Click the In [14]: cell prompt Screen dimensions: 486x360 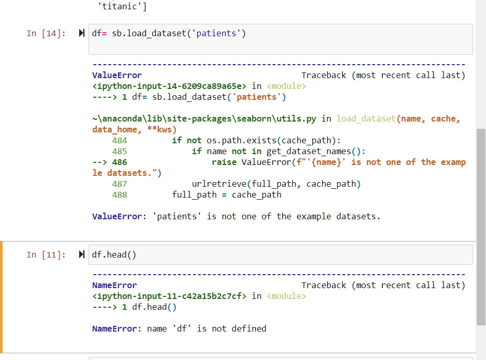click(x=46, y=33)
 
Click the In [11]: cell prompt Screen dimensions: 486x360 click(x=46, y=254)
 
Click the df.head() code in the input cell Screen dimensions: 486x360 click(x=114, y=254)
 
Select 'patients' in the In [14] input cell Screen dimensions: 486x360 click(x=216, y=33)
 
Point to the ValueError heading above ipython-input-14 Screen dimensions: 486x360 click(x=117, y=76)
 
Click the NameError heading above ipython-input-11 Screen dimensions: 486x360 click(x=114, y=286)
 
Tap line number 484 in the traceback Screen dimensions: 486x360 click(x=120, y=140)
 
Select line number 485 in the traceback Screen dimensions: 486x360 click(x=120, y=151)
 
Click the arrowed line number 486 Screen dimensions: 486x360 click(x=120, y=162)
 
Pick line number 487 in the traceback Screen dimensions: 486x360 click(x=120, y=184)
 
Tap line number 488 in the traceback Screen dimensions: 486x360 click(x=120, y=194)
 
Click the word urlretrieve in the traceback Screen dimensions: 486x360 click(x=219, y=184)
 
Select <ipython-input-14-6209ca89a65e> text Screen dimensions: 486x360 click(x=169, y=86)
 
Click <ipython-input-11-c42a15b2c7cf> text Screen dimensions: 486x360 click(x=169, y=296)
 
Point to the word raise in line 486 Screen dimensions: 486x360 click(x=224, y=162)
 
